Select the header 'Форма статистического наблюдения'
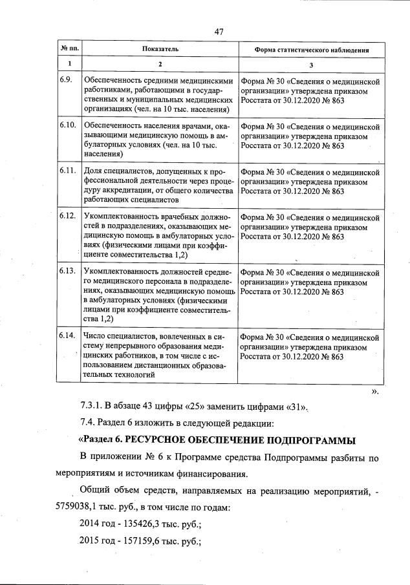[311, 49]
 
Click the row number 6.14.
[67, 336]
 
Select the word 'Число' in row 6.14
[94, 336]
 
